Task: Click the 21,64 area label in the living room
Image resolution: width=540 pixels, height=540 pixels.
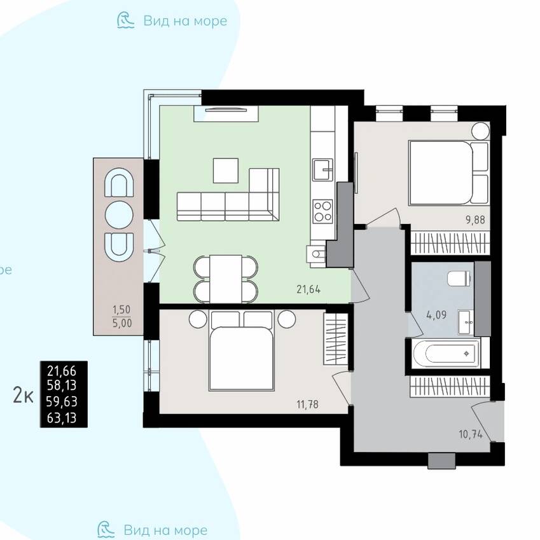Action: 308,289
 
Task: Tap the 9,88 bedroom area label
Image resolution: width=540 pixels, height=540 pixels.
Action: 475,219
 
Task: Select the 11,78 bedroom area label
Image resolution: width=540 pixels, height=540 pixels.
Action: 307,404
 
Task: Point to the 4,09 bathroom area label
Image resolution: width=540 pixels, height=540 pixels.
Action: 436,314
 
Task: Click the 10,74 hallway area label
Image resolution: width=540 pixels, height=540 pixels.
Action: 471,434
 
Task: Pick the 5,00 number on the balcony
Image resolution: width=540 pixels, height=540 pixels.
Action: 122,323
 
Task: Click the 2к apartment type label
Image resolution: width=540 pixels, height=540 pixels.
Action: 23,395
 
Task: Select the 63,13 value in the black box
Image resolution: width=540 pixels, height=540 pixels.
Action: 62,418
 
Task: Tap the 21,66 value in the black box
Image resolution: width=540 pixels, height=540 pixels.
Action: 62,371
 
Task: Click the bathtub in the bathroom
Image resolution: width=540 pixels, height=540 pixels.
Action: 446,354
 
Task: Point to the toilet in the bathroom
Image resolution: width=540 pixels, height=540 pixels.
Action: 459,278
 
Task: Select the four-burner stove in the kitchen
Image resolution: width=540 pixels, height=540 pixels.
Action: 322,211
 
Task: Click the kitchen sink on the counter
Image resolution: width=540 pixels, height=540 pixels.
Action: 322,169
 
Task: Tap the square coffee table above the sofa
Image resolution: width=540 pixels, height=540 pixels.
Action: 226,170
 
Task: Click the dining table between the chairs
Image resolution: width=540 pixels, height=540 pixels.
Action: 226,279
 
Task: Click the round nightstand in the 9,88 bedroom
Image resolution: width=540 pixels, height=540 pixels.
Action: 480,131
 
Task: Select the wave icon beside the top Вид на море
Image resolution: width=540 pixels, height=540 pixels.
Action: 125,20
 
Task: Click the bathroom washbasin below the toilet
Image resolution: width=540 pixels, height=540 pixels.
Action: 466,322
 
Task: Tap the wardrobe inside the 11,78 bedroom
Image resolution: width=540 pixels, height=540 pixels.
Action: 335,339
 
